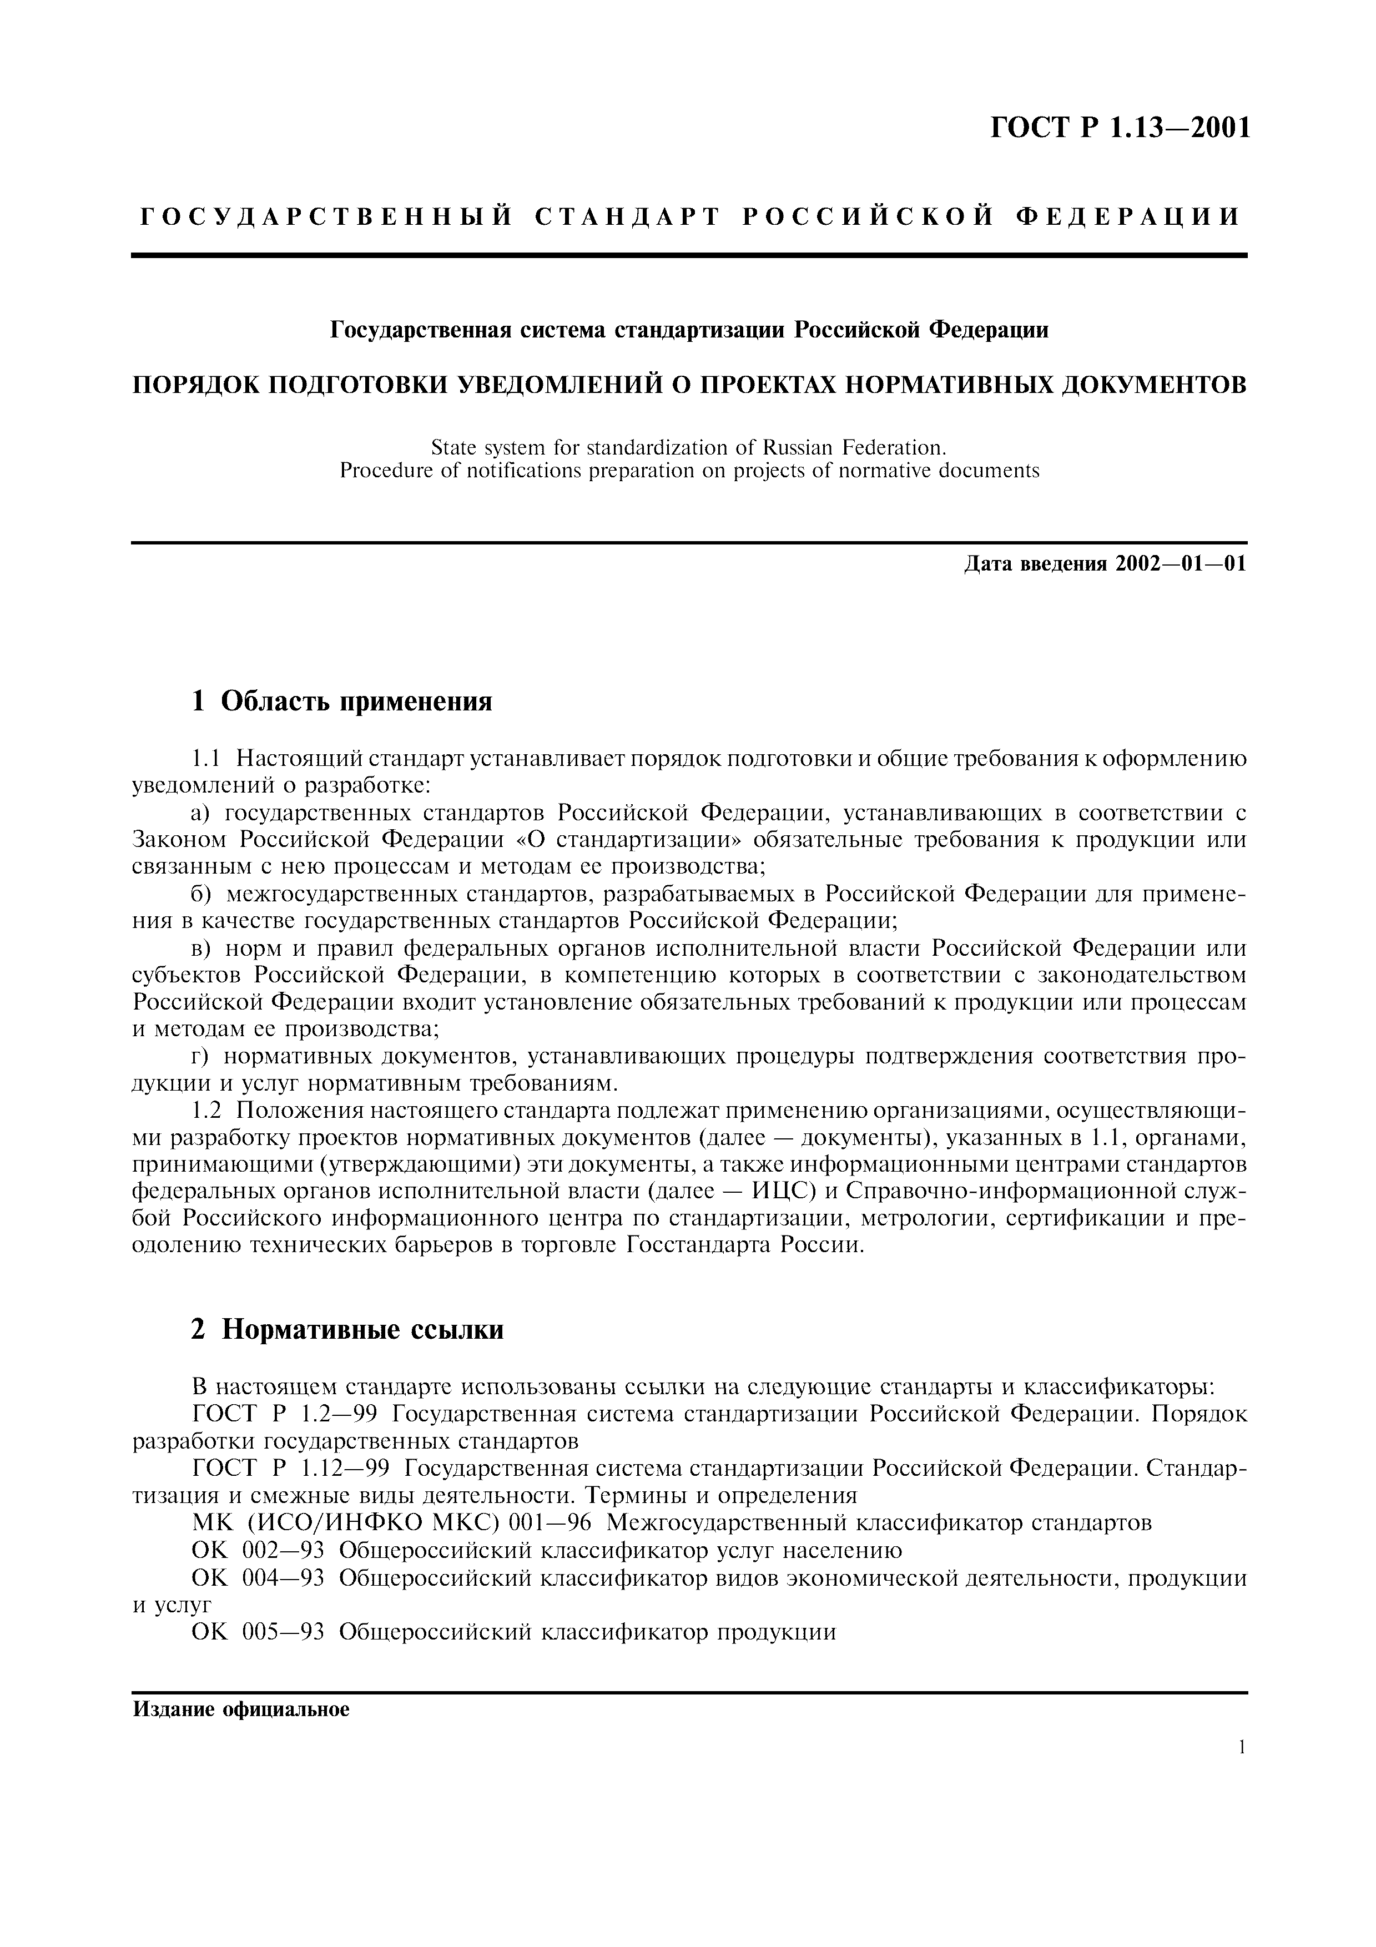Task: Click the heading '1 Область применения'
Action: click(342, 702)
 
